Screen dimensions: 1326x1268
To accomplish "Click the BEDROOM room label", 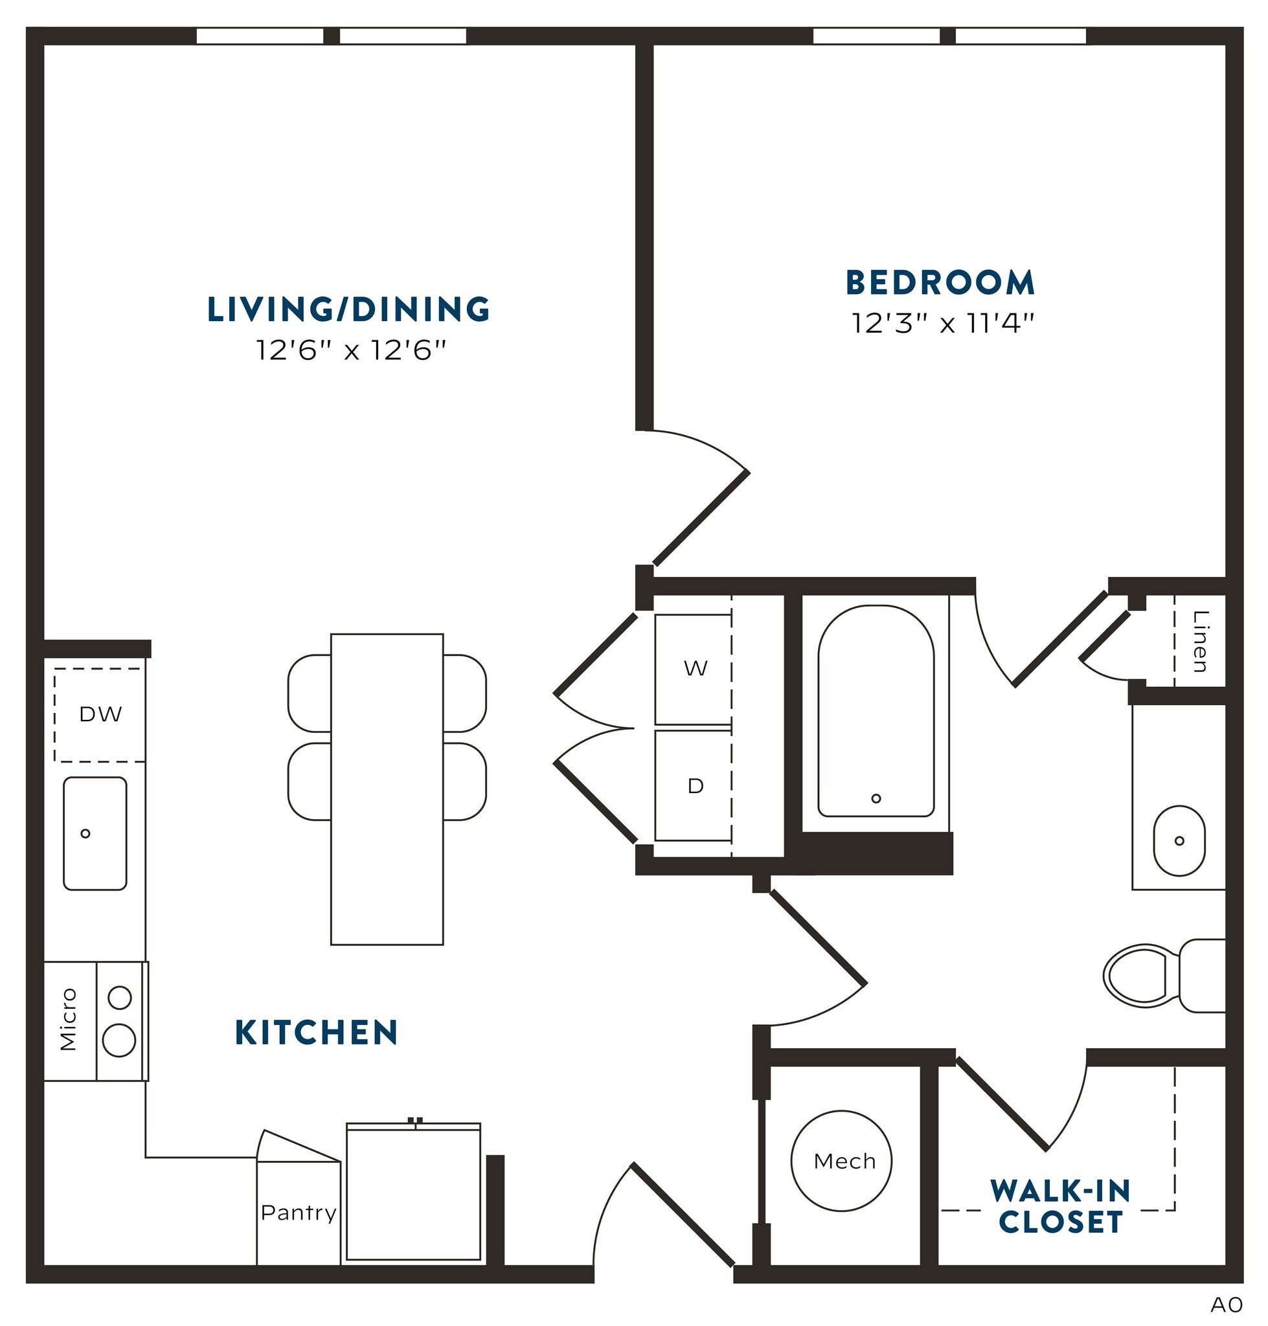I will (940, 282).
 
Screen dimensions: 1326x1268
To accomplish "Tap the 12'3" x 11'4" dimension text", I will (942, 324).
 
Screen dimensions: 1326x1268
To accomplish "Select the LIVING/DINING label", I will (348, 309).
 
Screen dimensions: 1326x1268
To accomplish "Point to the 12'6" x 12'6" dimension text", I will (352, 351).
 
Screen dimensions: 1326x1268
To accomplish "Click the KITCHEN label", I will (316, 1033).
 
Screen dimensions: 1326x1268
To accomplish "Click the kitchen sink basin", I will (95, 833).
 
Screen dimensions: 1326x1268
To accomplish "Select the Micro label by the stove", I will (69, 1019).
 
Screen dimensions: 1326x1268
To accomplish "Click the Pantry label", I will (298, 1213).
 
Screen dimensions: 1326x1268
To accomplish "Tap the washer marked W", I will (695, 668).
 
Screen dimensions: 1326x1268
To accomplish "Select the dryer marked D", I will (695, 785).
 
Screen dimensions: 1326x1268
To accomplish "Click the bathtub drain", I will (876, 798).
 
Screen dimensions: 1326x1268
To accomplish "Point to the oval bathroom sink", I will (1179, 841).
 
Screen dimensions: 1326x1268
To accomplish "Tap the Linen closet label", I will (1200, 642).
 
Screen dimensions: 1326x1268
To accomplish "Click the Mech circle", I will (841, 1161).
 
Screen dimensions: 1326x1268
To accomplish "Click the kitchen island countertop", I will (387, 789).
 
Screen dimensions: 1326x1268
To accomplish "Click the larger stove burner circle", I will (119, 1039).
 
